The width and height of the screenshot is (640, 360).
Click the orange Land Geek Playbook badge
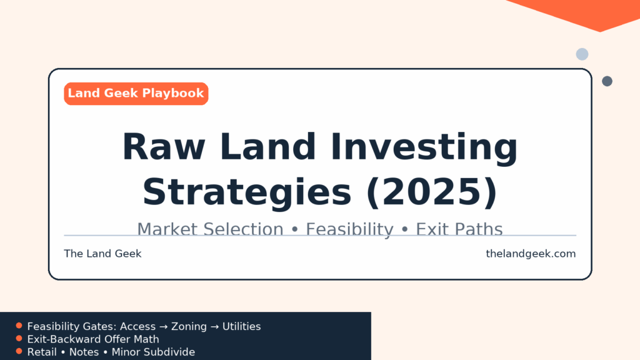136,94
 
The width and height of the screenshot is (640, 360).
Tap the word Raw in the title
164,147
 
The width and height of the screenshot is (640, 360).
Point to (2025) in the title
432,192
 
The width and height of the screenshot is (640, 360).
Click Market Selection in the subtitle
210,229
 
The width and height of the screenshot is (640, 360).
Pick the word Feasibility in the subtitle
350,230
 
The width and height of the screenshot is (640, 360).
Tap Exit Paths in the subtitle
459,229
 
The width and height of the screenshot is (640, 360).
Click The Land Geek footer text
102,254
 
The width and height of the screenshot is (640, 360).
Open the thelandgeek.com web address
531,254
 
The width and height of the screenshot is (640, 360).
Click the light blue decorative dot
582,54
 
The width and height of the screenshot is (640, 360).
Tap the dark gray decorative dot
607,81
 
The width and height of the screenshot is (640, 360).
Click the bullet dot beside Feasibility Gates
19,326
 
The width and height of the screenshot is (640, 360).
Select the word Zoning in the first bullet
189,326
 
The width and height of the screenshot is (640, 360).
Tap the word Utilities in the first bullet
242,326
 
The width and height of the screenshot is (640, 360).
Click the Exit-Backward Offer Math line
93,339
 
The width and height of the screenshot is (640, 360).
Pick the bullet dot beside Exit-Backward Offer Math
19,338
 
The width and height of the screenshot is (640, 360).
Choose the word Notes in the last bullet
84,352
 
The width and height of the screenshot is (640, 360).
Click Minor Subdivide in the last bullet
153,352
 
